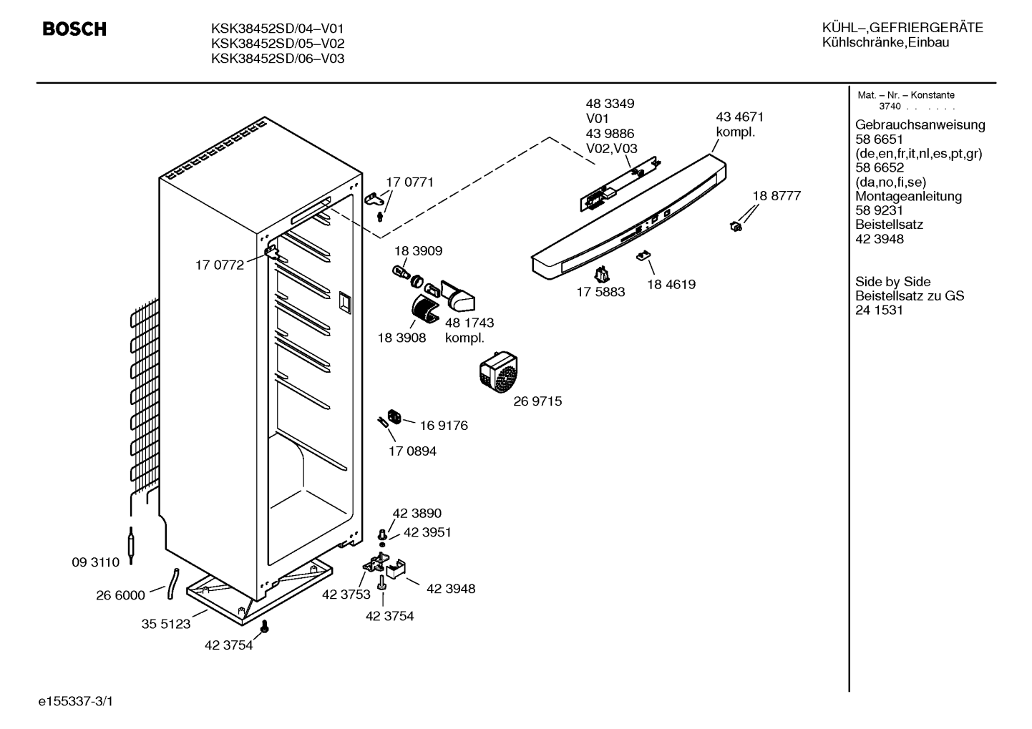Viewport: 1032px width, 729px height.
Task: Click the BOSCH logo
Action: click(x=74, y=29)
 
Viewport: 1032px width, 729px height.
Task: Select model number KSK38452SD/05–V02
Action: click(x=278, y=44)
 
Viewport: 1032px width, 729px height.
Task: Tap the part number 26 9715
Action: click(x=537, y=401)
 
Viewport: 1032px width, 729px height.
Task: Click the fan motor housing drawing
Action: click(x=499, y=372)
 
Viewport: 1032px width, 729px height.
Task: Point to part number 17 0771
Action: click(x=409, y=182)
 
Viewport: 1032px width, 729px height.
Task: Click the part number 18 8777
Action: click(x=777, y=196)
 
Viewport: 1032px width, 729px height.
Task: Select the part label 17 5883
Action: click(x=600, y=292)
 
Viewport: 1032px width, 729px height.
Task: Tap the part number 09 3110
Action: click(x=95, y=562)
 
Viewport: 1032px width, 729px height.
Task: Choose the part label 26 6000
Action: click(x=120, y=595)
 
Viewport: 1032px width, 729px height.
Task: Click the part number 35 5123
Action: click(x=166, y=624)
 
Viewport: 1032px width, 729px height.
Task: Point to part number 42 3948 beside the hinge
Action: click(x=451, y=589)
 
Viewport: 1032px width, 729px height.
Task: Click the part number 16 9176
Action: click(x=444, y=426)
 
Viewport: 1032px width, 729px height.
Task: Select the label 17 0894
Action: click(x=412, y=451)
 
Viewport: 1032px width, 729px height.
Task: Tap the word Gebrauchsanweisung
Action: click(x=920, y=124)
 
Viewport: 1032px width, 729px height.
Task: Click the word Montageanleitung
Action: click(x=908, y=196)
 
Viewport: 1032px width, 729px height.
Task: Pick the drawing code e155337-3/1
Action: click(x=76, y=701)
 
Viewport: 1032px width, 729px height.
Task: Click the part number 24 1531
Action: click(x=879, y=310)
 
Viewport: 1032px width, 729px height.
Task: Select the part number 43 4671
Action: click(x=740, y=117)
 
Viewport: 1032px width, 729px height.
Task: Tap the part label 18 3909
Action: click(x=419, y=251)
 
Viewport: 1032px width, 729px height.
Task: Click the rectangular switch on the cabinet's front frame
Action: click(x=345, y=303)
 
